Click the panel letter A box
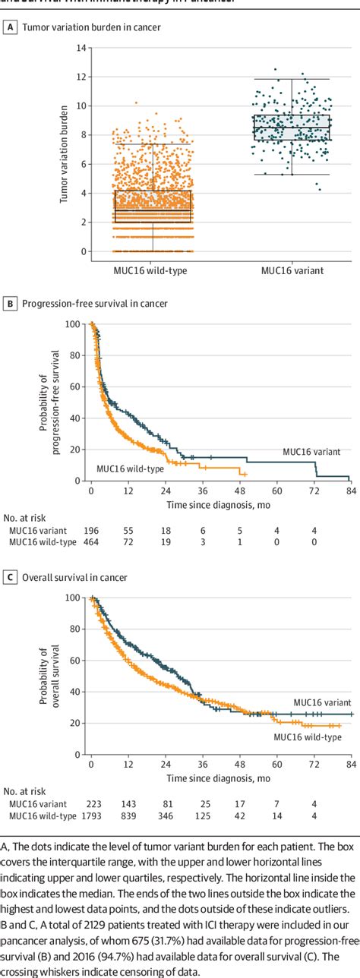coord(11,29)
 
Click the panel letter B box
coord(11,304)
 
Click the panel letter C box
coord(11,578)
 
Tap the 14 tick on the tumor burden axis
coord(81,48)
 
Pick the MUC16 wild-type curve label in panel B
coord(130,469)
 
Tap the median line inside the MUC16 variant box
coord(292,127)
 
